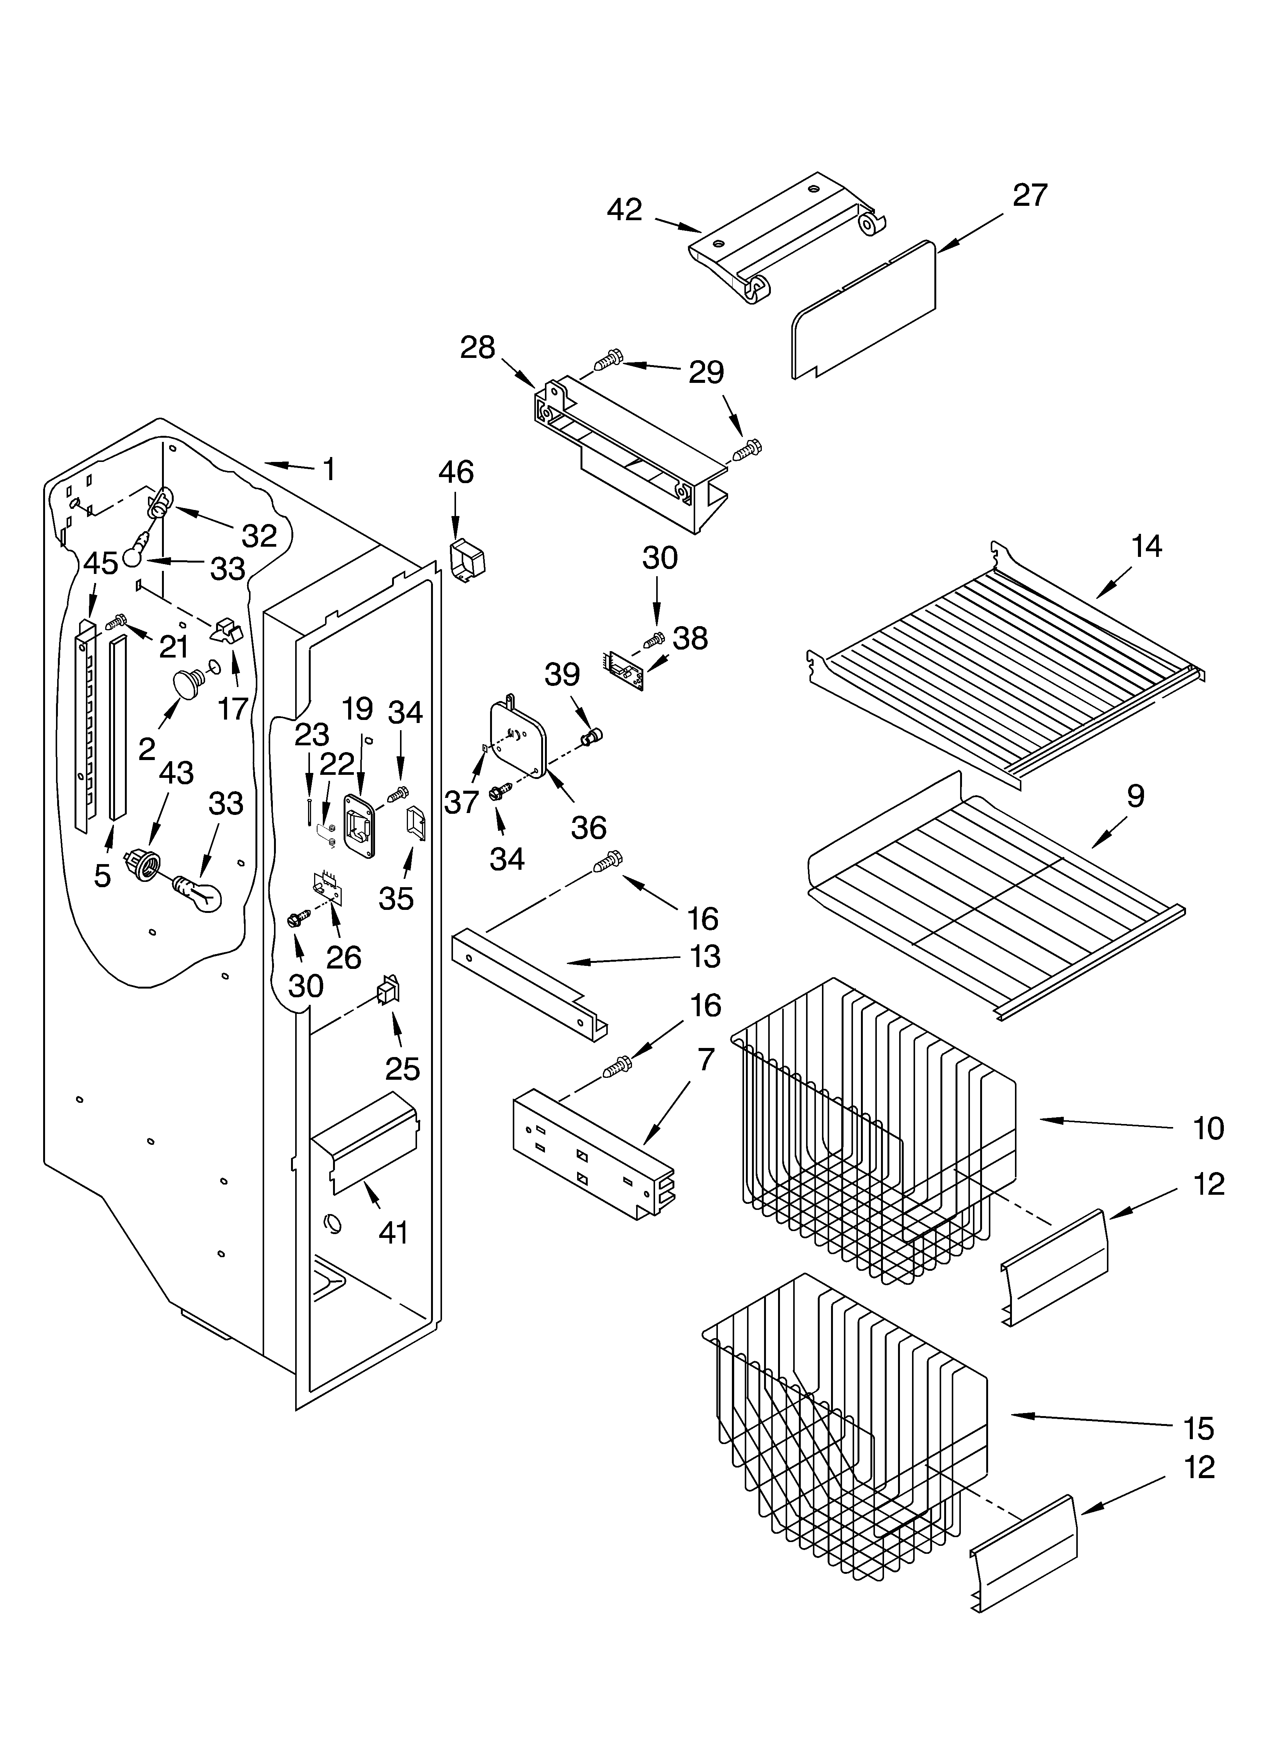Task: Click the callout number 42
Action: (x=624, y=210)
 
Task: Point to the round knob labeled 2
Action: (x=187, y=684)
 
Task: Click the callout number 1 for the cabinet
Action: (x=329, y=469)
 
